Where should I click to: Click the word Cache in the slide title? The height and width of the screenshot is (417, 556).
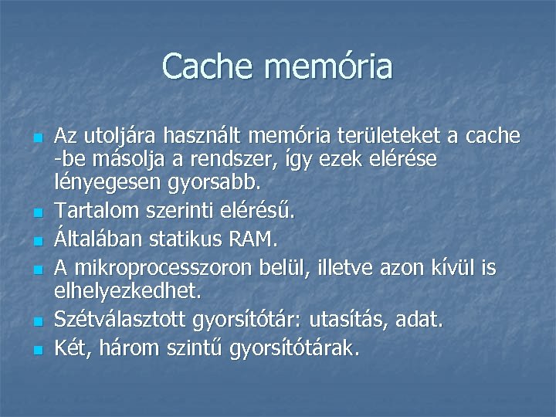208,66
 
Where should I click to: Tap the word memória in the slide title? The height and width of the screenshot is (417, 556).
328,66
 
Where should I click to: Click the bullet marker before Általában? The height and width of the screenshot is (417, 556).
37,241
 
